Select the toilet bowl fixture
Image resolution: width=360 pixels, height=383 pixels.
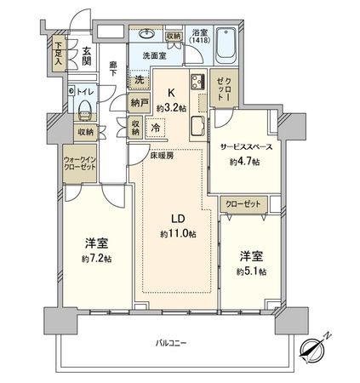[x=86, y=109]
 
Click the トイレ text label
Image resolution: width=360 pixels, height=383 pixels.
[x=88, y=91]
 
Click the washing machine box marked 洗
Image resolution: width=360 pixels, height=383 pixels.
[x=138, y=81]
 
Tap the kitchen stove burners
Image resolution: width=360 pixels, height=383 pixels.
[x=197, y=84]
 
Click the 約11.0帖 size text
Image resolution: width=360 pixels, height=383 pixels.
[x=178, y=233]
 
